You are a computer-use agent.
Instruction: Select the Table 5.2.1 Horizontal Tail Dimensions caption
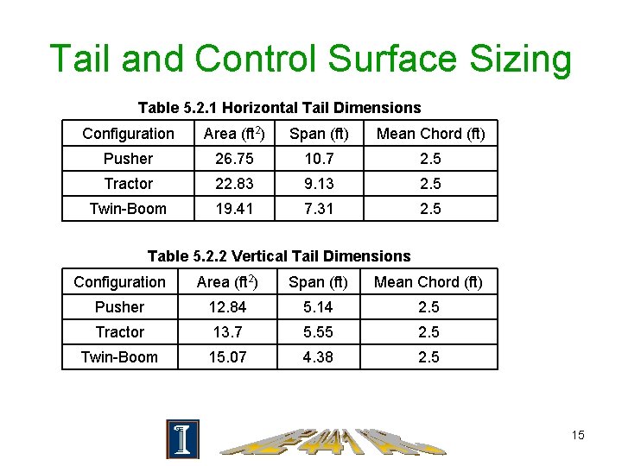(x=279, y=108)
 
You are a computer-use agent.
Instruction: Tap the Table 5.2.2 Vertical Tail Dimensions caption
(x=279, y=256)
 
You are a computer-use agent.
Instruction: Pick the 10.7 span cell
(x=319, y=159)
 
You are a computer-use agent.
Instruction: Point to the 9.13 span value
(x=319, y=184)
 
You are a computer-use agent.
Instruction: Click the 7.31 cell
(x=319, y=209)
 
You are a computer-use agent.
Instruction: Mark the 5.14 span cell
(x=318, y=307)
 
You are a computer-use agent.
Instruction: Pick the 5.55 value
(x=318, y=332)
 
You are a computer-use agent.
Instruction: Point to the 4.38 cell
(x=318, y=357)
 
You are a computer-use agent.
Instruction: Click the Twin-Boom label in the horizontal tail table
(x=128, y=209)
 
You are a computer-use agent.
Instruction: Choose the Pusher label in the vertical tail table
(x=119, y=307)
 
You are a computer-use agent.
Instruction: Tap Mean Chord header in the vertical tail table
(x=428, y=282)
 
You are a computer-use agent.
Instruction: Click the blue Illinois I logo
(x=182, y=439)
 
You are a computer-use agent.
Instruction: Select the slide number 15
(x=578, y=435)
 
